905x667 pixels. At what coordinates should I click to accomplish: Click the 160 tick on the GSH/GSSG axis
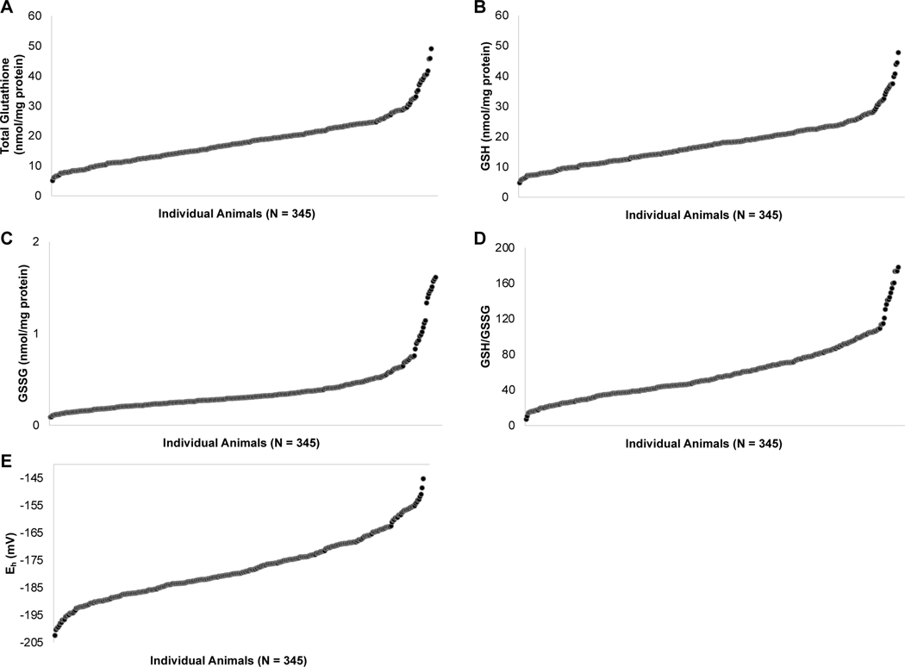tap(502, 284)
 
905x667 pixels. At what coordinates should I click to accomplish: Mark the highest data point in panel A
tap(431, 49)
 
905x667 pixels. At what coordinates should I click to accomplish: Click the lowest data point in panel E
tap(55, 635)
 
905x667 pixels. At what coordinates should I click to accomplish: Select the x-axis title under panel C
tap(240, 443)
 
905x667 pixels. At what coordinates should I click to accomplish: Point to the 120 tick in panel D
tap(502, 319)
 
